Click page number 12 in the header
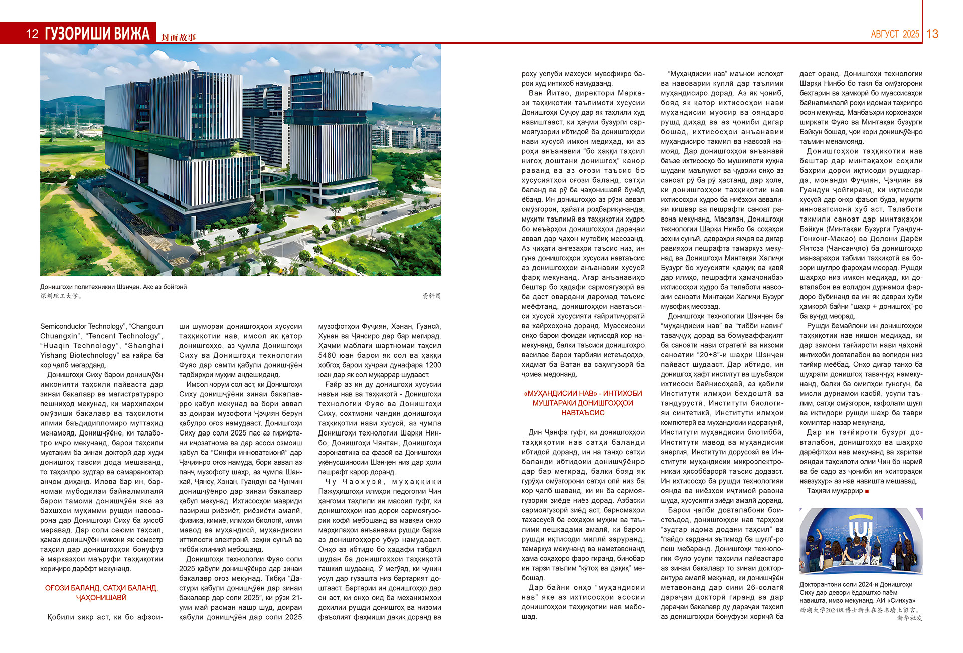32,34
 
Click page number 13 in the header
932,34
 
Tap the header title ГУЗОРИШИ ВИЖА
97,34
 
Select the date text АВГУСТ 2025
895,34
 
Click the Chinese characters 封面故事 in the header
179,37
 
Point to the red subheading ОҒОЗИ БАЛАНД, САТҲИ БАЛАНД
101,588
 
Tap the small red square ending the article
867,491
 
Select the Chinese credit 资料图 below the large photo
431,296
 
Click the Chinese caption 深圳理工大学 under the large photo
60,296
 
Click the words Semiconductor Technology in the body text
81,326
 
